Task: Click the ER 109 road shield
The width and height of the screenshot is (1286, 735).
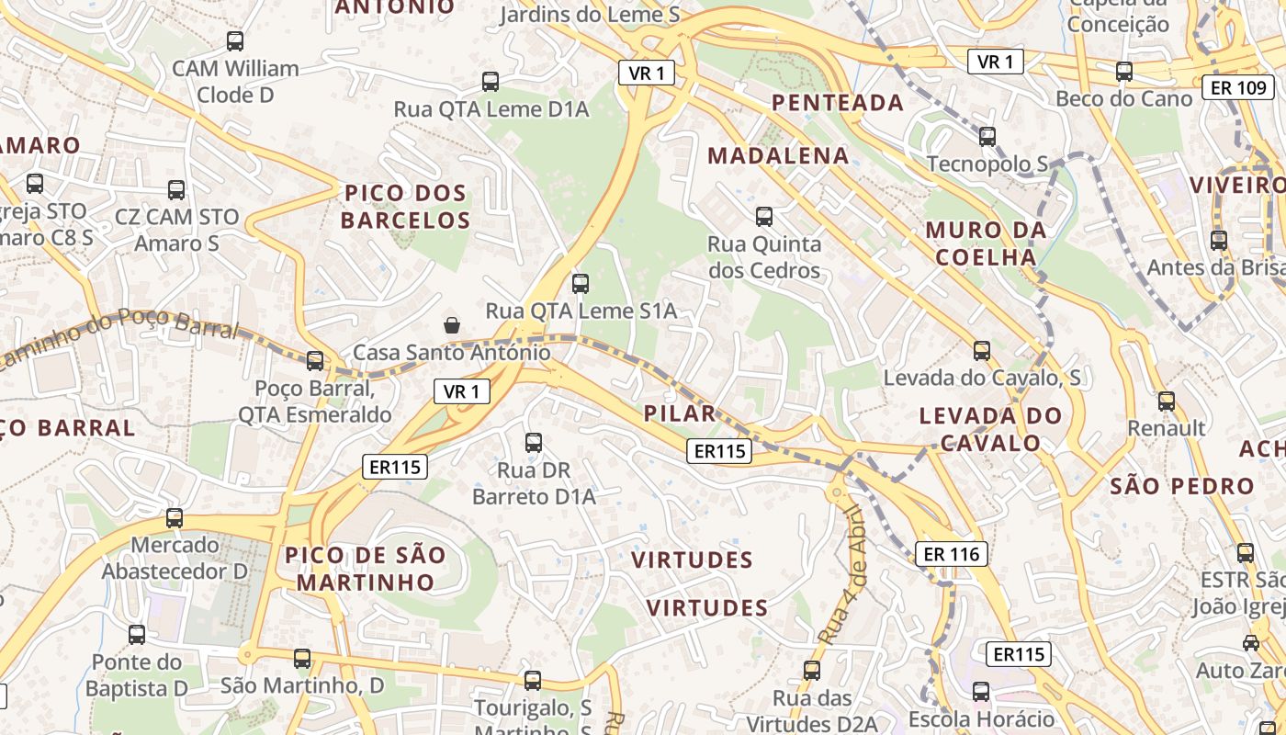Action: tap(1237, 88)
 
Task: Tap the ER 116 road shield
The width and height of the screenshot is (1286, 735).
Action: tap(952, 554)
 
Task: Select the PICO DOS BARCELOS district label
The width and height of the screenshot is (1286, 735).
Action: tap(405, 207)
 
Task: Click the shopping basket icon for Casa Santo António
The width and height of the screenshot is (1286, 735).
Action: tap(452, 324)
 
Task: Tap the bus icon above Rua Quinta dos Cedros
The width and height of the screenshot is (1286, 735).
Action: tap(763, 217)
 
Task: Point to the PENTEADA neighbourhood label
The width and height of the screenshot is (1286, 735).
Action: tap(838, 102)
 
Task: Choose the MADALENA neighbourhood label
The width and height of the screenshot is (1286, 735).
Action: tap(778, 155)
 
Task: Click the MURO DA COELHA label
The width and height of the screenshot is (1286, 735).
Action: tap(986, 243)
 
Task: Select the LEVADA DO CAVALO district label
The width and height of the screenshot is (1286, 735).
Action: tap(990, 429)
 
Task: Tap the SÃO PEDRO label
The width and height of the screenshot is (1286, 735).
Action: tap(1181, 486)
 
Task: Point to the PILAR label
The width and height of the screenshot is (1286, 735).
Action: tap(679, 413)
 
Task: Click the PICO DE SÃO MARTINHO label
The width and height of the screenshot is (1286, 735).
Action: tap(365, 569)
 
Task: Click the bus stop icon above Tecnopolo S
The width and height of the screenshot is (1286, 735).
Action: tap(987, 137)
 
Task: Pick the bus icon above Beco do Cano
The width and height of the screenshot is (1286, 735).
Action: tap(1123, 72)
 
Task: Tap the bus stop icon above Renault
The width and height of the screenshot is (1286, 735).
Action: tap(1166, 401)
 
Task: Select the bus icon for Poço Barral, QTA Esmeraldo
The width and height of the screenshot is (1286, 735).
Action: tap(315, 360)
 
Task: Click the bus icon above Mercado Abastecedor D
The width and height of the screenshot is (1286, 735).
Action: tap(175, 518)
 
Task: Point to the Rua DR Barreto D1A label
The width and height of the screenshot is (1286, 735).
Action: tap(534, 483)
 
